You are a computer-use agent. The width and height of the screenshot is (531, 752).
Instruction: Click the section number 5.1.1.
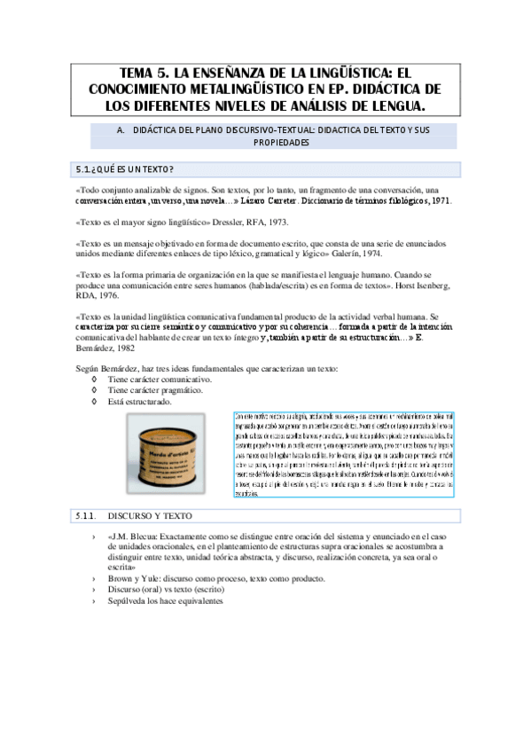[x=83, y=515]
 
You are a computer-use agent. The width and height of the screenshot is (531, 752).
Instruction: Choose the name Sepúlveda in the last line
[x=129, y=600]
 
